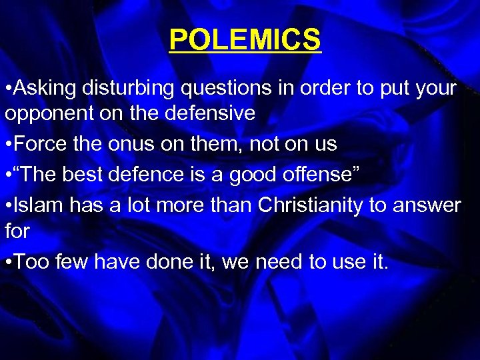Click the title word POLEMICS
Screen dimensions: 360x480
tap(245, 39)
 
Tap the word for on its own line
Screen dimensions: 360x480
tap(17, 231)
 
